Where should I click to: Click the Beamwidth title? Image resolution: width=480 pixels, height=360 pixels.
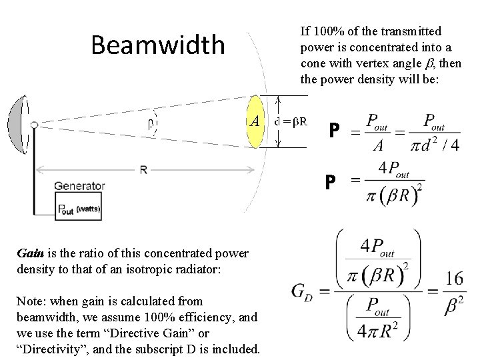coord(158,45)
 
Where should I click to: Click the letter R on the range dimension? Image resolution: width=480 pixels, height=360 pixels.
coord(143,170)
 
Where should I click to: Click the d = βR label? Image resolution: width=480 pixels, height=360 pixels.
coord(291,121)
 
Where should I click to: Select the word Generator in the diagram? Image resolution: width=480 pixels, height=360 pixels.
coord(80,186)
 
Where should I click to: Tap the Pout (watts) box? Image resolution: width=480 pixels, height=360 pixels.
coord(79,208)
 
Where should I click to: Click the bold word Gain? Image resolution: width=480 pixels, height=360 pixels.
coord(30,253)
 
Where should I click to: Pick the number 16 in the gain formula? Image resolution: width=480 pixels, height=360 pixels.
coord(454,278)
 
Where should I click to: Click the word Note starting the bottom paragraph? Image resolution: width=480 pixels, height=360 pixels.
coord(29,301)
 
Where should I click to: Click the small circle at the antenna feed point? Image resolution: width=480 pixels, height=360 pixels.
coord(34,125)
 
